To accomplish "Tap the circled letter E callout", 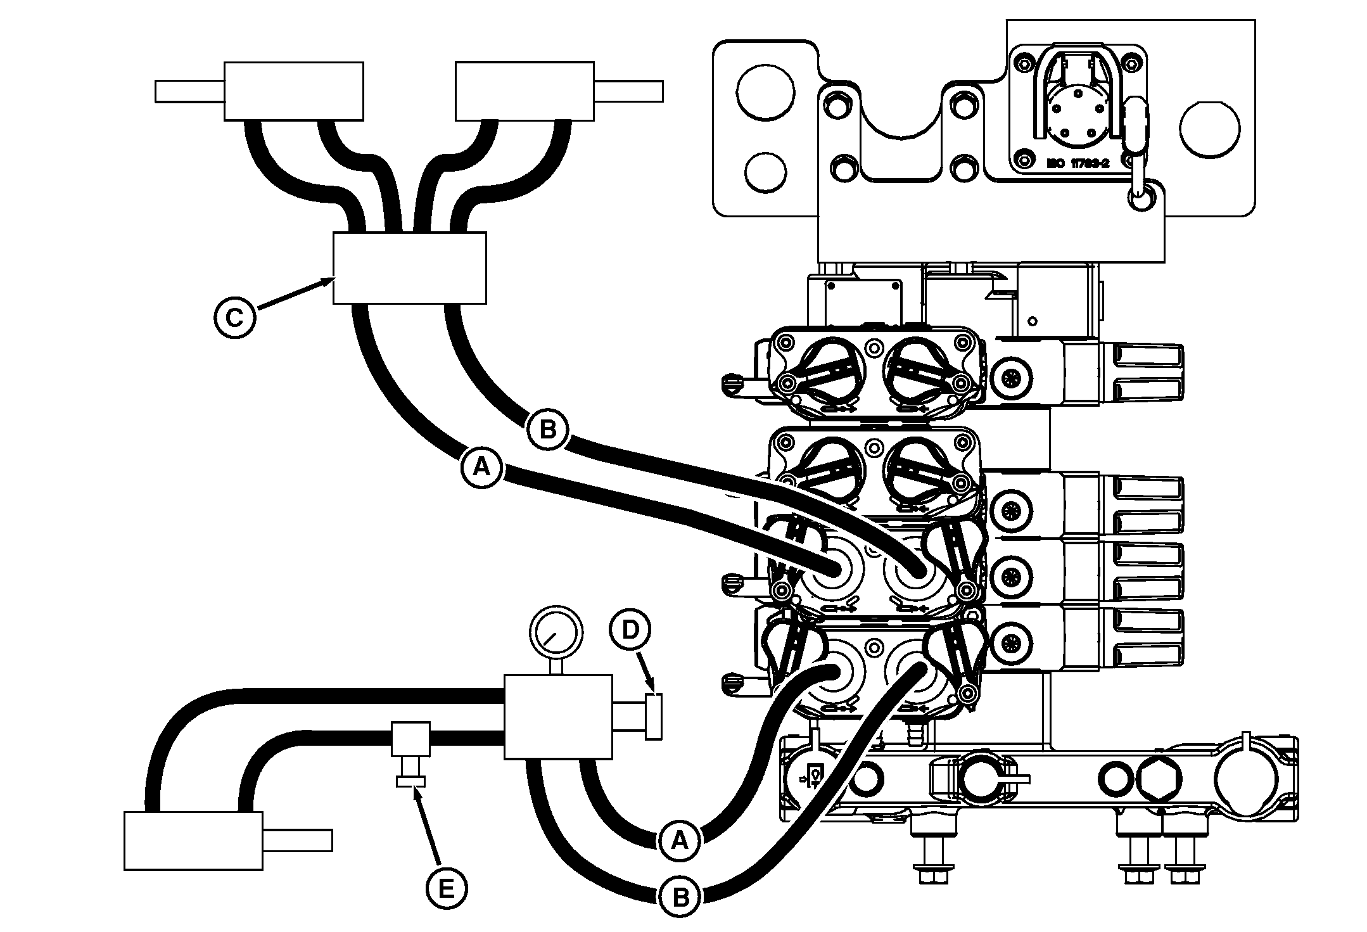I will coord(446,889).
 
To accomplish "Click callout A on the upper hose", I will coord(481,467).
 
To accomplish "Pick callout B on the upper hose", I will coord(547,430).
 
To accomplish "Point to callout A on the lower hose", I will coord(678,840).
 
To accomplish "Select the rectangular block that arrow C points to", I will coord(410,268).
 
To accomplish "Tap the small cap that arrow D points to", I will coord(654,716).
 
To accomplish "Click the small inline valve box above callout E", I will coord(410,738).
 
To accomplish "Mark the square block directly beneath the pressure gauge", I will coord(557,717).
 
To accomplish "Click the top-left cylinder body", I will coord(294,91).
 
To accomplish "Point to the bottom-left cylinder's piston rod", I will coord(297,840).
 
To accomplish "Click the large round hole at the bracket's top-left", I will coord(765,93).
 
